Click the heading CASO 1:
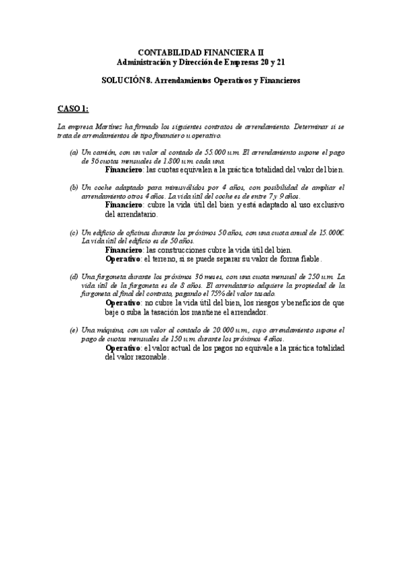pyautogui.click(x=72, y=108)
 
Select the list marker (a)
pyautogui.click(x=74, y=153)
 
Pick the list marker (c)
pyautogui.click(x=74, y=233)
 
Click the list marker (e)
pyautogui.click(x=74, y=330)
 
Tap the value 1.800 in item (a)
pyautogui.click(x=163, y=162)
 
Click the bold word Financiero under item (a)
pyautogui.click(x=124, y=170)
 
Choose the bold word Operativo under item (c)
pyautogui.click(x=123, y=258)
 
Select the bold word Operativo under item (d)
pyautogui.click(x=123, y=303)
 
